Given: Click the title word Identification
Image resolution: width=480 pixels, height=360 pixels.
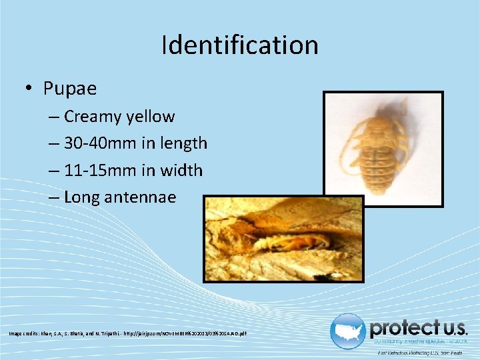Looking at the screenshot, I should click(x=240, y=45).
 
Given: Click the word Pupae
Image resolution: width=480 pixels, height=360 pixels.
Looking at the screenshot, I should click(x=70, y=88).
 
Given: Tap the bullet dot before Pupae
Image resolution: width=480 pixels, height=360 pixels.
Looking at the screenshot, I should click(x=30, y=89).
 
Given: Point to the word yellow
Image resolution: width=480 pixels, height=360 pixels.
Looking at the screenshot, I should click(x=150, y=117).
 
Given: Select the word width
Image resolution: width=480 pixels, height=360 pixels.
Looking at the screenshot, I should click(x=179, y=171).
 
